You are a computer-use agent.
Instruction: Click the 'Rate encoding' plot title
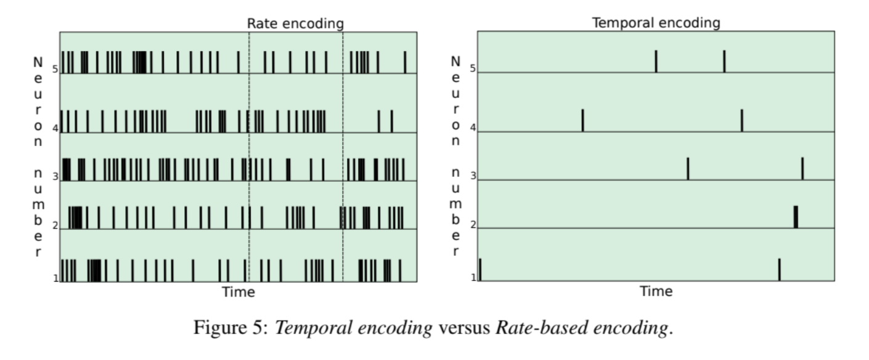coord(295,23)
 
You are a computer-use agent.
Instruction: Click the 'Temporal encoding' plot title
coord(656,23)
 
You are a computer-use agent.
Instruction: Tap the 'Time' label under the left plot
coord(238,292)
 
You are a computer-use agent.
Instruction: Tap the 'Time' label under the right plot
coord(656,291)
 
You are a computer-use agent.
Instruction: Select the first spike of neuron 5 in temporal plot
coord(656,62)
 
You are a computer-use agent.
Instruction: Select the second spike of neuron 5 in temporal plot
coord(724,62)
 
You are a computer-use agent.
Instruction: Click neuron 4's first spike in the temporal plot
coord(582,120)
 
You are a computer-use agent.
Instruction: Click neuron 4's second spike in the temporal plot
coord(741,120)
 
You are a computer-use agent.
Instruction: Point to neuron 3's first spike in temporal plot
coord(688,168)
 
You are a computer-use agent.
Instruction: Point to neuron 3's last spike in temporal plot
coord(802,168)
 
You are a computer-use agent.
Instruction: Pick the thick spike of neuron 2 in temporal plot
coord(796,216)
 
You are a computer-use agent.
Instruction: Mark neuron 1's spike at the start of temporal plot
coord(480,269)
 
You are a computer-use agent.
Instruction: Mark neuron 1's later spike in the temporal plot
coord(779,269)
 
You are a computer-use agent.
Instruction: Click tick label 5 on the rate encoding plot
coord(55,69)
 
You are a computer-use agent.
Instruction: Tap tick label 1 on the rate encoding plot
coord(55,278)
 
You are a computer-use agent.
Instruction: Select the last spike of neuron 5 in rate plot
coord(405,62)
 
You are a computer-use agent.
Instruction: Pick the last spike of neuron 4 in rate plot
coord(391,121)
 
